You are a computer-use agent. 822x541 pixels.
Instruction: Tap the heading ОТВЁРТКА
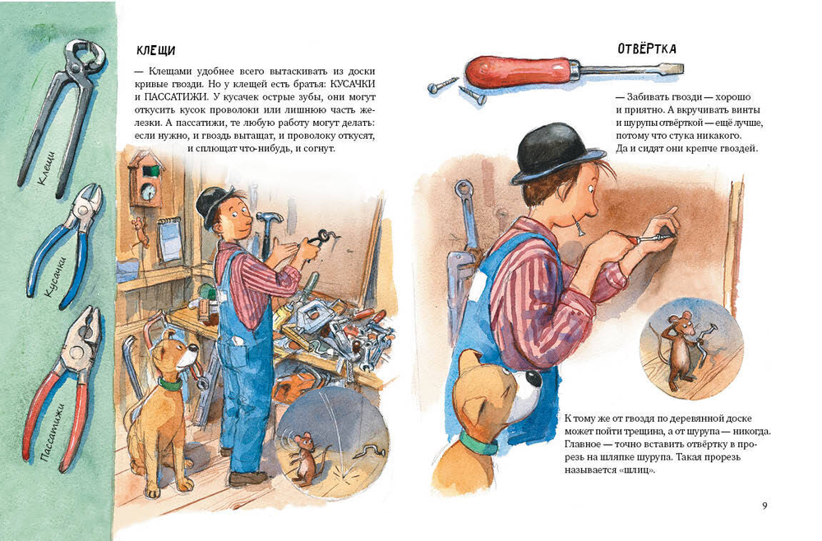647,49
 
